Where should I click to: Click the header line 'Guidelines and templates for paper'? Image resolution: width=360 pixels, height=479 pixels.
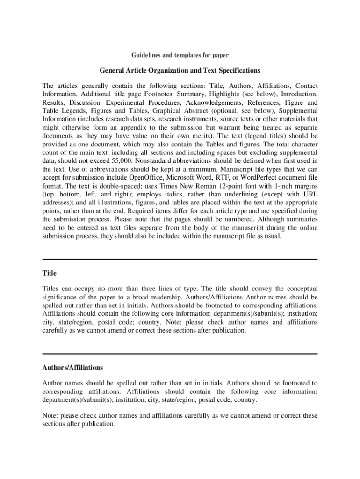tap(180, 55)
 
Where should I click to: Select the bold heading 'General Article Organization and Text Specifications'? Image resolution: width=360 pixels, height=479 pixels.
tap(180, 71)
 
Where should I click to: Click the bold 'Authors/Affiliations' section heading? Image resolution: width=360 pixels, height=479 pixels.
tap(72, 368)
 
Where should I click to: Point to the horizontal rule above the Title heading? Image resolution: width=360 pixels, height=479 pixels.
tap(180, 259)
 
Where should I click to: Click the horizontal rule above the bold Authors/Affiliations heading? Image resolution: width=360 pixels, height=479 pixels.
tap(180, 354)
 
